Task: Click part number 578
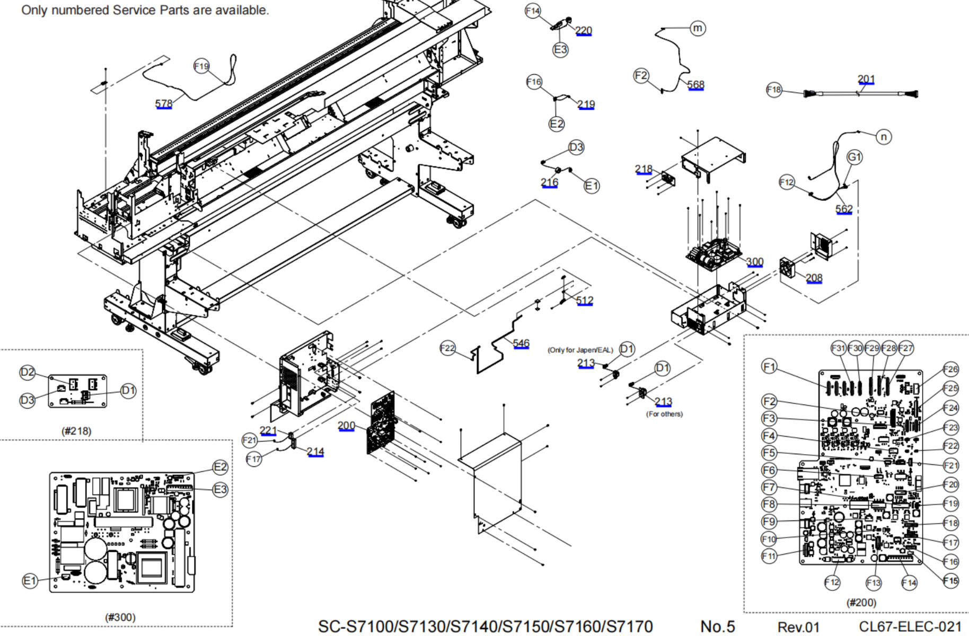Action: pos(164,104)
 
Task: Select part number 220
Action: pos(584,31)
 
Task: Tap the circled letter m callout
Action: pos(698,28)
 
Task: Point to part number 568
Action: pos(695,85)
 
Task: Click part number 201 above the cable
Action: pos(866,79)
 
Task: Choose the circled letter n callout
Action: pos(884,137)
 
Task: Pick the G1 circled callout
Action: pos(855,157)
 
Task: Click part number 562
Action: pos(844,209)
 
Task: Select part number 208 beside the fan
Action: pos(814,278)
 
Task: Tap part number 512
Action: pos(585,301)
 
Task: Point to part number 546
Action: pos(521,343)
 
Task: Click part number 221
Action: pos(268,430)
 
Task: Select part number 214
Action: pos(315,452)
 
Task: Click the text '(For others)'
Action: pos(664,414)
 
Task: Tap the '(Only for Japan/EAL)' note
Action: pos(580,350)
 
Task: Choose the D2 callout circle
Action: pos(27,373)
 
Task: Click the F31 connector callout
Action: pos(838,348)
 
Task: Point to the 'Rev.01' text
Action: pos(798,627)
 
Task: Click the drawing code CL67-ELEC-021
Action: pos(910,626)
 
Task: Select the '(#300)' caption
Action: pos(120,617)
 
